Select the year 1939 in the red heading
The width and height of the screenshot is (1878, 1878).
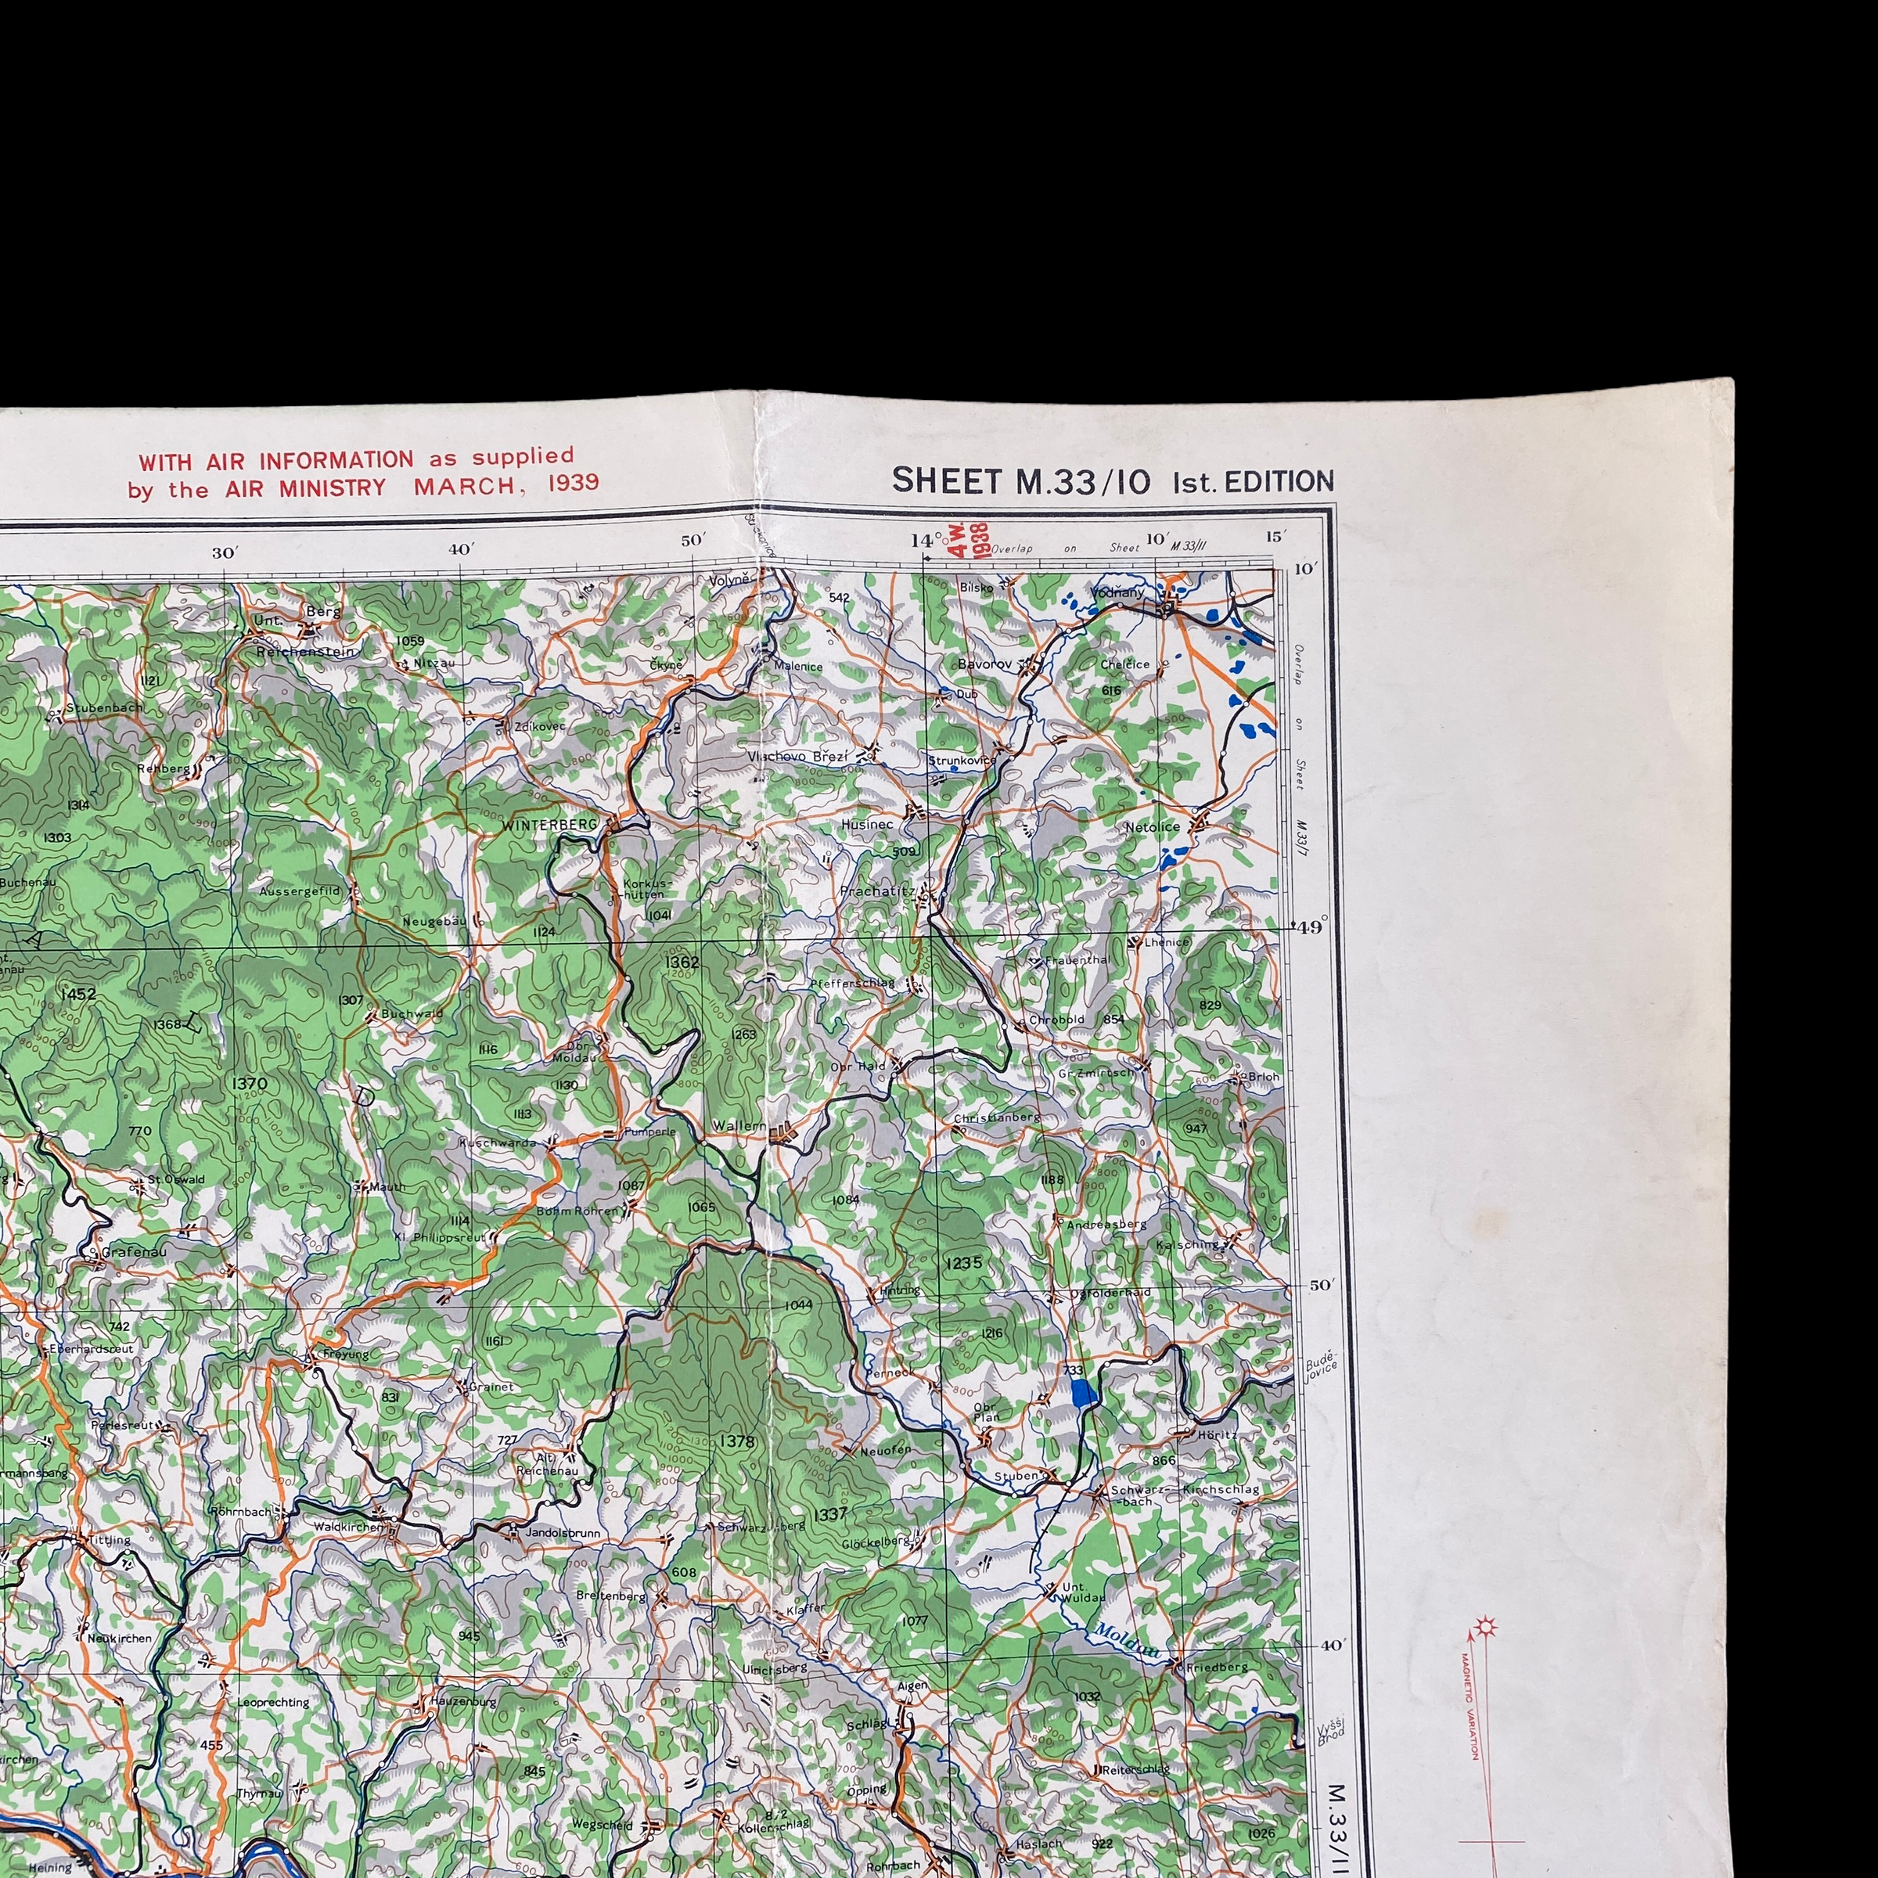pyautogui.click(x=573, y=483)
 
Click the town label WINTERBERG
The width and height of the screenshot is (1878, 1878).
pyautogui.click(x=549, y=824)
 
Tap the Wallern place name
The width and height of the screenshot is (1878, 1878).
pyautogui.click(x=739, y=1126)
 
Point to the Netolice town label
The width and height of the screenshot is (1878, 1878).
pyautogui.click(x=1152, y=826)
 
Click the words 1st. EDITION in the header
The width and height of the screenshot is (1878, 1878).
pyautogui.click(x=1253, y=481)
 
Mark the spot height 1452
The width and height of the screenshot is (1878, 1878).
pyautogui.click(x=77, y=994)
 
